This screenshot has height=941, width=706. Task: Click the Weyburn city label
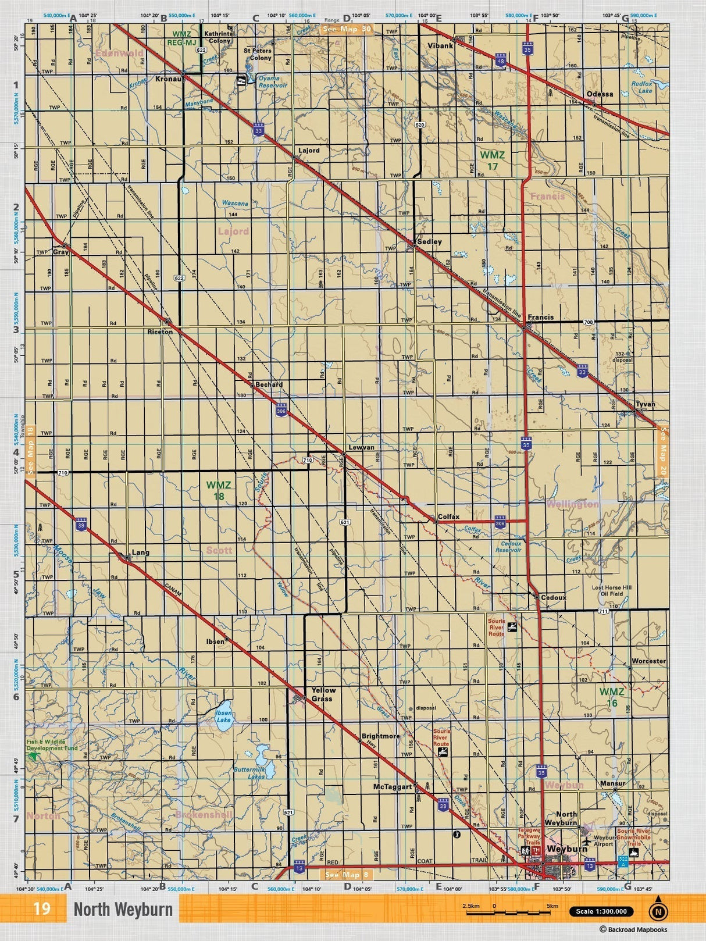point(567,849)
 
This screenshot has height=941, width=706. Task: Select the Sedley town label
point(429,241)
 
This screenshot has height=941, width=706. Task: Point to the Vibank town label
point(440,45)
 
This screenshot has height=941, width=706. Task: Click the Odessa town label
point(600,94)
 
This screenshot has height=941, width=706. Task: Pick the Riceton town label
point(160,332)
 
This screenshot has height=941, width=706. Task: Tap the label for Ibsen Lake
point(223,716)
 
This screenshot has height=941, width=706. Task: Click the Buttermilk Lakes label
point(249,773)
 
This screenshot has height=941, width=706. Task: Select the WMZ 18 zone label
point(219,490)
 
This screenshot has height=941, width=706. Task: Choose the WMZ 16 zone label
point(612,697)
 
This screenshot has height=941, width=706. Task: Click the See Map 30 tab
point(347,29)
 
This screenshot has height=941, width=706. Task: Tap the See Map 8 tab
point(347,874)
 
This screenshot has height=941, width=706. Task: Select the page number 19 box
point(42,908)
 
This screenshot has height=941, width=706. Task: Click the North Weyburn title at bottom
point(123,910)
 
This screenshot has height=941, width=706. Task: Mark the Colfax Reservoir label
point(508,547)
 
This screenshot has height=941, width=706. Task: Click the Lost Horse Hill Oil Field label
point(611,591)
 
